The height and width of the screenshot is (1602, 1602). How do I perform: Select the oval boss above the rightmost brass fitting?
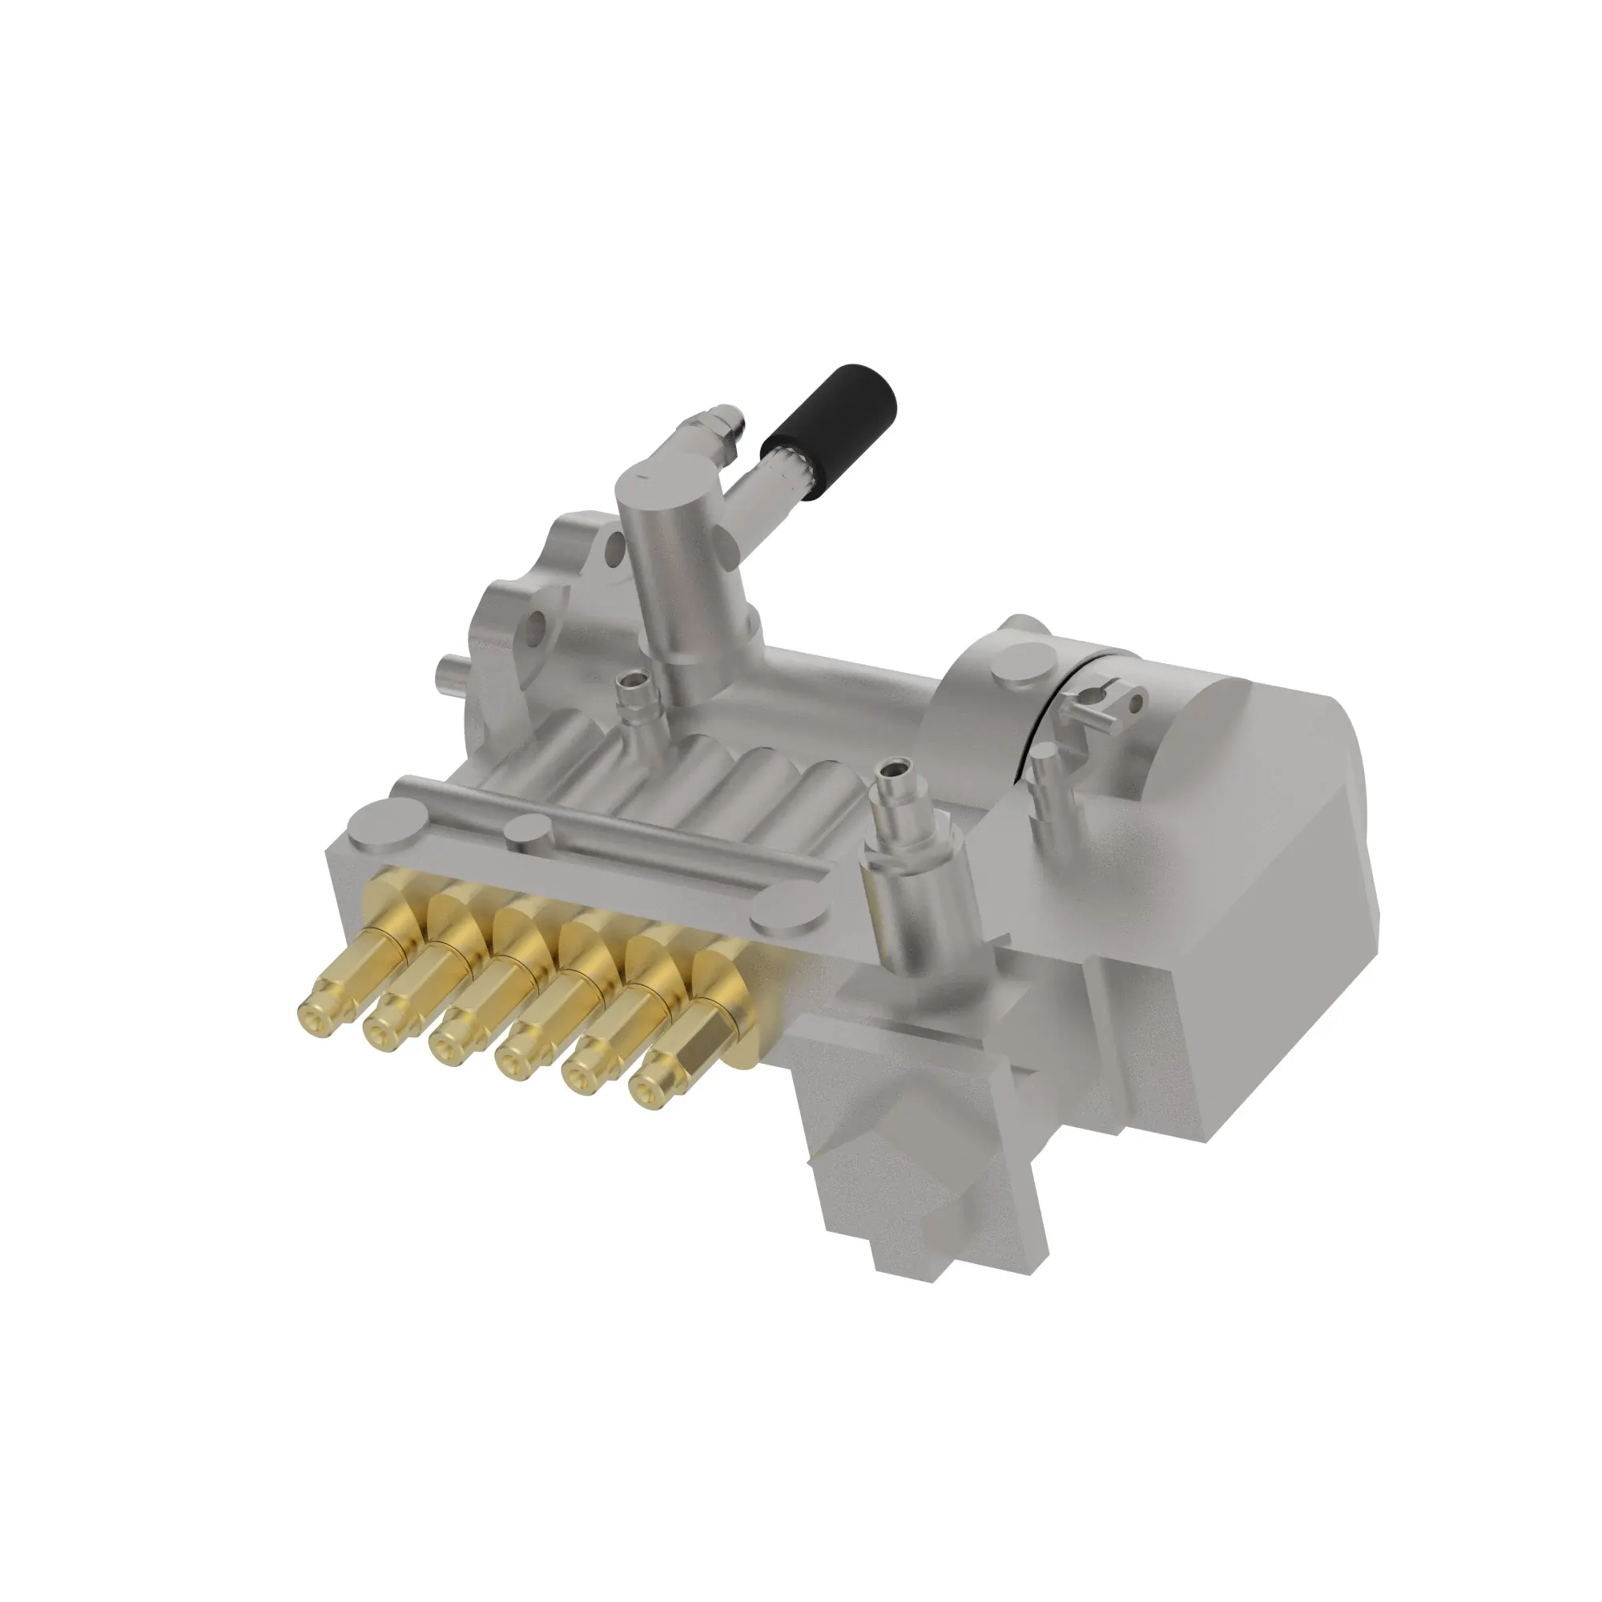pos(781,921)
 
